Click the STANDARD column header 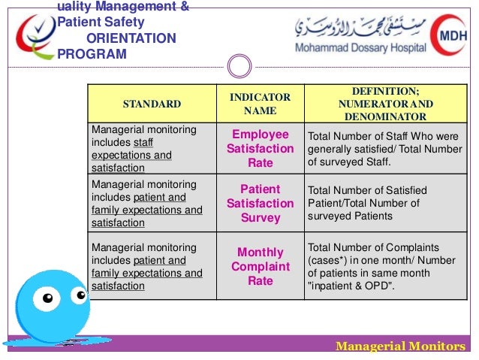tap(152, 104)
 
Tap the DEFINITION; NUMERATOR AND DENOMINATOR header tap(385, 104)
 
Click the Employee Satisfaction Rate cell tap(260, 149)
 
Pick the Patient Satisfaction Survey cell tap(260, 204)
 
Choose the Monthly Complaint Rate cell tap(260, 267)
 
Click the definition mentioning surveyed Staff tap(385, 149)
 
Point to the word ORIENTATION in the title tap(131, 38)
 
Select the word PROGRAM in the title tap(92, 54)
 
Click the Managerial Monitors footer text tap(400, 346)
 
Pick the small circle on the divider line tap(239, 67)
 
